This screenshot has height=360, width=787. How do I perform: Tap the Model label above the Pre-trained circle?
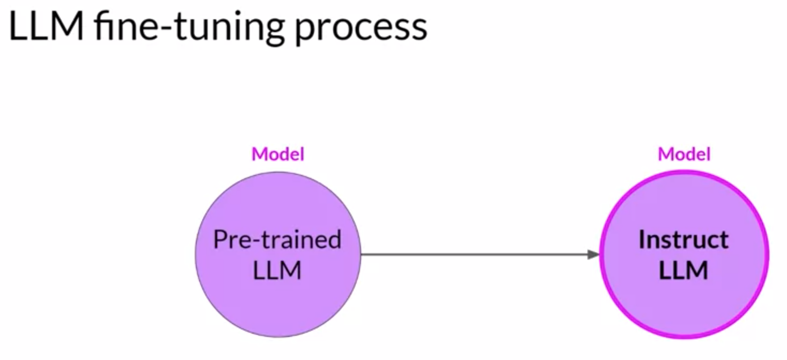pyautogui.click(x=278, y=154)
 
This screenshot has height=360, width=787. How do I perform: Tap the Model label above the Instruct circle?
pyautogui.click(x=684, y=154)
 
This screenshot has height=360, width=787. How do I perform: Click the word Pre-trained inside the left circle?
pyautogui.click(x=277, y=239)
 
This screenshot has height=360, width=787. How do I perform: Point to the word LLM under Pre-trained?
pyautogui.click(x=277, y=270)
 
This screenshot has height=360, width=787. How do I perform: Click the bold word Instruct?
pyautogui.click(x=683, y=239)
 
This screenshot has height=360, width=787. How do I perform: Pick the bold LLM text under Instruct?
pyautogui.click(x=683, y=270)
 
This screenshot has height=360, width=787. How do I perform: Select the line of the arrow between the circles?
pyautogui.click(x=474, y=255)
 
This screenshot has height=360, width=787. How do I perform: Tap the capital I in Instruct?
pyautogui.click(x=642, y=239)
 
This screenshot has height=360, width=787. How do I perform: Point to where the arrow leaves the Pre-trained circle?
pyautogui.click(x=361, y=255)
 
